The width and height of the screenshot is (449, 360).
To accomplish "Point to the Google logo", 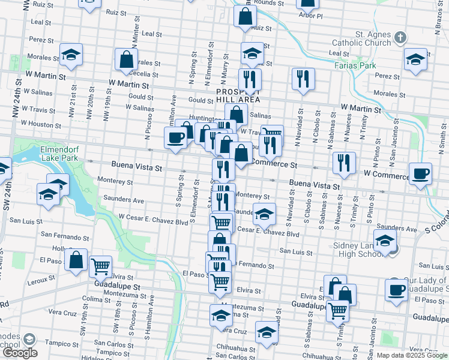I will tap(20, 353).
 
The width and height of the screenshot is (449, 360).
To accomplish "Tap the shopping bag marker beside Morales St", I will tap(127, 60).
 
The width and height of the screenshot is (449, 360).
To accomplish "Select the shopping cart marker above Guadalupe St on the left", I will tap(100, 266).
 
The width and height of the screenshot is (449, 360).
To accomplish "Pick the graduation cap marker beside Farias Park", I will tap(414, 60).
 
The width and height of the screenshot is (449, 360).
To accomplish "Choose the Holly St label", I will tap(58, 248).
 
